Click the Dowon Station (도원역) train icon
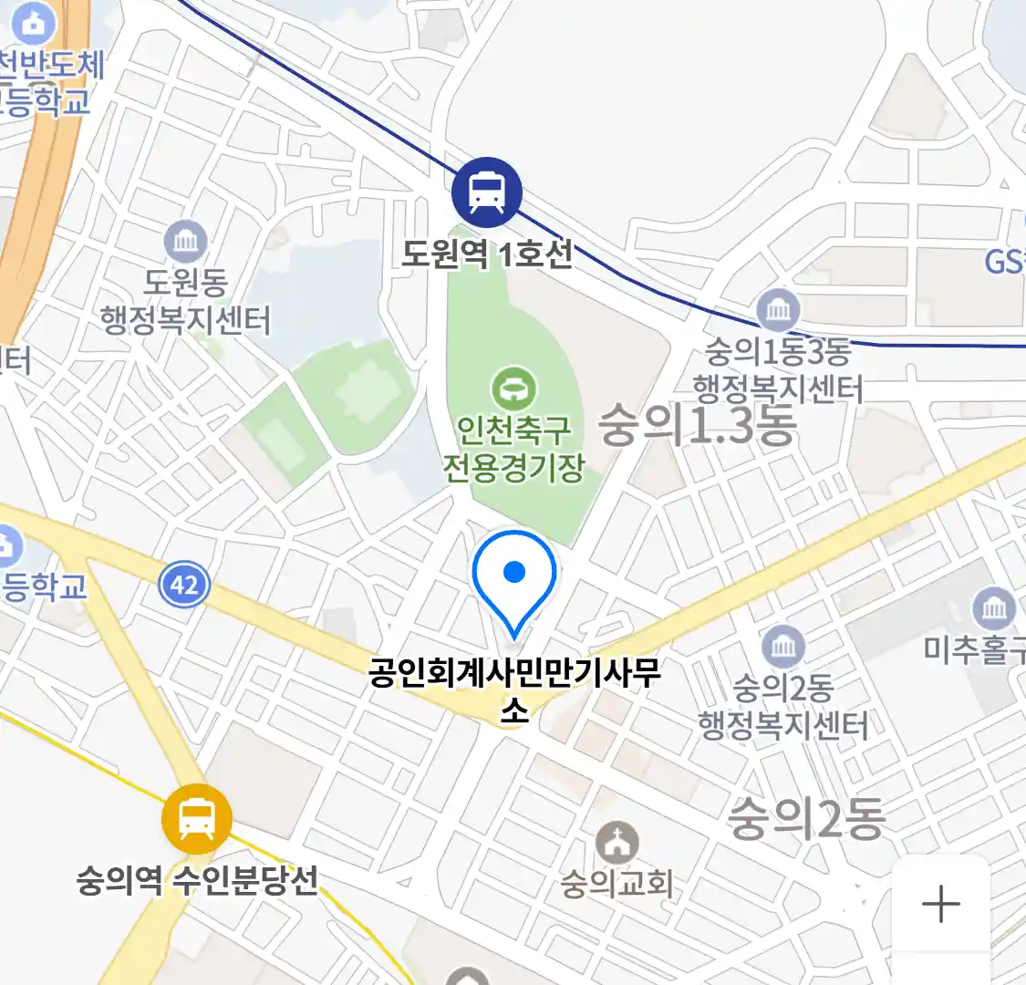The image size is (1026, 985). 487,192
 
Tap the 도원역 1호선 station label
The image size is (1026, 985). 487,253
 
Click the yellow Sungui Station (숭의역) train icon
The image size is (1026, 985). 196,818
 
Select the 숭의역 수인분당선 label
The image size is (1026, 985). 197,880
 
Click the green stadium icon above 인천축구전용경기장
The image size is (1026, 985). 514,389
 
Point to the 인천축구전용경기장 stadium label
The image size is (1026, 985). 514,448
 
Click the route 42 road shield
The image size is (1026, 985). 184,584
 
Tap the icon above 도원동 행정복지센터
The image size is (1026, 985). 185,242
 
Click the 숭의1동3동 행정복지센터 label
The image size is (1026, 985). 777,370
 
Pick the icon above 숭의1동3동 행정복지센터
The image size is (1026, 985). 778,310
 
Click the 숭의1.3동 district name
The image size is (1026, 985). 698,425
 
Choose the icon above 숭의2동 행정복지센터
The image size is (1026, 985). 782,647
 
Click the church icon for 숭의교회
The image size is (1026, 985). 617,844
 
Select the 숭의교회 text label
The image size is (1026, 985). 617,884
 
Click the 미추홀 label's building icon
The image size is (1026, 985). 994,607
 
